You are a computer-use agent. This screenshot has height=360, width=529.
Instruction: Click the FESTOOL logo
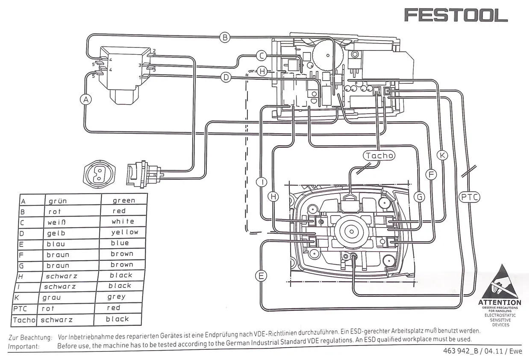pyautogui.click(x=456, y=15)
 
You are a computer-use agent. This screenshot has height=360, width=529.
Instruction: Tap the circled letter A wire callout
pyautogui.click(x=86, y=99)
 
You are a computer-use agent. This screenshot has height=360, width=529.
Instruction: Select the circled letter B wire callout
pyautogui.click(x=225, y=37)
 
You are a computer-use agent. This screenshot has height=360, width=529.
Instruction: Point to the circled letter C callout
pyautogui.click(x=262, y=55)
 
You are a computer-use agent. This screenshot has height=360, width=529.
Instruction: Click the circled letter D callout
pyautogui.click(x=226, y=77)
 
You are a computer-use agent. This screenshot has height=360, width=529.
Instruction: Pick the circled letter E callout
pyautogui.click(x=261, y=275)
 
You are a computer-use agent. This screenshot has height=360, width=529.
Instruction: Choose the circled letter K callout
pyautogui.click(x=442, y=155)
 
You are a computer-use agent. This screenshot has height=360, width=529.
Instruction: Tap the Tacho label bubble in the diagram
pyautogui.click(x=379, y=155)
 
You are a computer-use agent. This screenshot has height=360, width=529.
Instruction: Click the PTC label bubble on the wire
pyautogui.click(x=469, y=197)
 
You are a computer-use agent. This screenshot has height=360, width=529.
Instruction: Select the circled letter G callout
pyautogui.click(x=420, y=197)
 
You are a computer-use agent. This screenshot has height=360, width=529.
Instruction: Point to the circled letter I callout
pyautogui.click(x=261, y=182)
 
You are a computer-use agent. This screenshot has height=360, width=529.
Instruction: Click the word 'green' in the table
pyautogui.click(x=124, y=200)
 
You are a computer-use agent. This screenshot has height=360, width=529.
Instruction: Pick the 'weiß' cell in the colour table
pyautogui.click(x=57, y=222)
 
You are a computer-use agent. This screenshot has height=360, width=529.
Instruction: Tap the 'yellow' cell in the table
pyautogui.click(x=125, y=232)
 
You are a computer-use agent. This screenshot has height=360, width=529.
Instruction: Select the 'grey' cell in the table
pyautogui.click(x=116, y=296)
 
